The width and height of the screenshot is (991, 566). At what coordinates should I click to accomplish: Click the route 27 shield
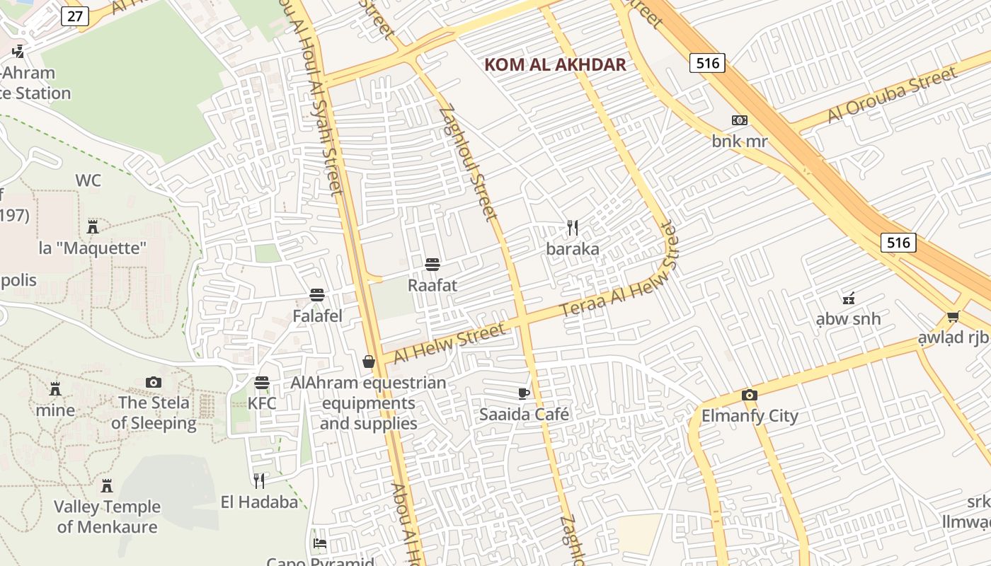click(74, 16)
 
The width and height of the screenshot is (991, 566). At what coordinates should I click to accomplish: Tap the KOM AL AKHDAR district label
click(555, 65)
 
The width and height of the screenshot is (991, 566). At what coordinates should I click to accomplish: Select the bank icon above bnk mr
click(739, 120)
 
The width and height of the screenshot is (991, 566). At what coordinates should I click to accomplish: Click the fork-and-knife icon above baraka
click(573, 228)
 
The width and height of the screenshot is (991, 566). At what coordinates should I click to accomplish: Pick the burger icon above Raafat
click(433, 265)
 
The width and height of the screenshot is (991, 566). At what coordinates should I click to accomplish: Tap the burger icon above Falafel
click(317, 295)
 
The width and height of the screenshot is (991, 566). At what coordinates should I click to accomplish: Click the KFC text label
click(262, 403)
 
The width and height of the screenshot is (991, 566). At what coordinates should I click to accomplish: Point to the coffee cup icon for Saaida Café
click(524, 393)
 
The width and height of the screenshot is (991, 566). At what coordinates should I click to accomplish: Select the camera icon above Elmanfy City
click(750, 395)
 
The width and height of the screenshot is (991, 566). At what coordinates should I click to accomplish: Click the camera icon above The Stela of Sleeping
click(154, 382)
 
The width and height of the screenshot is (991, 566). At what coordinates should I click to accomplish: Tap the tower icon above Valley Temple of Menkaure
click(107, 486)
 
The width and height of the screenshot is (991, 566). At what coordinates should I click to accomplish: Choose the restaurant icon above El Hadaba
click(259, 481)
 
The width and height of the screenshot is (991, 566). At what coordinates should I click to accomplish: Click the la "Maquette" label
click(93, 248)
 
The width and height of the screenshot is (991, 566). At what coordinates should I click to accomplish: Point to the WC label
click(88, 181)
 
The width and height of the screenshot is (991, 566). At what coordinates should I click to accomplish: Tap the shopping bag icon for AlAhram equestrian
click(369, 362)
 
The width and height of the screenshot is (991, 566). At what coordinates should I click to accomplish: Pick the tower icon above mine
click(55, 388)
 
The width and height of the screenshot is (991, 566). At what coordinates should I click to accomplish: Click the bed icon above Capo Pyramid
click(320, 543)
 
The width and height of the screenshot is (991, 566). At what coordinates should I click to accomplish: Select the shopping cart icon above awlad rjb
click(953, 316)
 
